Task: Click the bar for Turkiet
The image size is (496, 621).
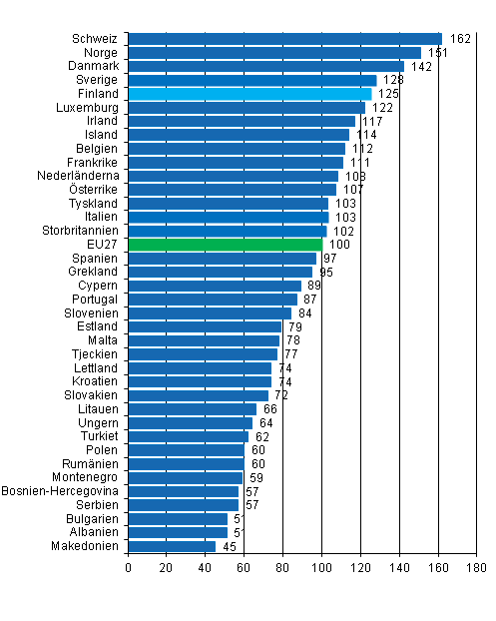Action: tap(188, 436)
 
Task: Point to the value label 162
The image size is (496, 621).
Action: tap(460, 39)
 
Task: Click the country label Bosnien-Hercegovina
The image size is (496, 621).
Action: tap(61, 491)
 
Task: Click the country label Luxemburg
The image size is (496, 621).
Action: tap(91, 107)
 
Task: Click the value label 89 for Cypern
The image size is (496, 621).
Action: tap(313, 286)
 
